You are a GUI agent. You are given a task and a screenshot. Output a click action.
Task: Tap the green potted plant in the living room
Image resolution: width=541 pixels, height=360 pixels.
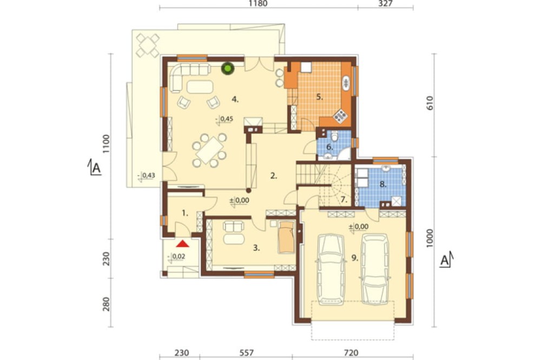click(228, 68)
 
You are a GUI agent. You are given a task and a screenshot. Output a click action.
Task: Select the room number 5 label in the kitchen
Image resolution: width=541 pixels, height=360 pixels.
click(320, 97)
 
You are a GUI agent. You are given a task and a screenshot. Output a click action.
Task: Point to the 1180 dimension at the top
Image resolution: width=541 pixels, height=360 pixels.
click(258, 4)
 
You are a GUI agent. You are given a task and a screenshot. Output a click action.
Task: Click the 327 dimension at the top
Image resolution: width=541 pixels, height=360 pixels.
click(385, 4)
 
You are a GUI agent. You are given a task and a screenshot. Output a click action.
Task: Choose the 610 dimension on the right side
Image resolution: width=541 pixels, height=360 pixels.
click(430, 103)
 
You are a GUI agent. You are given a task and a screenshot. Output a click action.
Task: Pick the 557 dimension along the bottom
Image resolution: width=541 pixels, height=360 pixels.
click(246, 353)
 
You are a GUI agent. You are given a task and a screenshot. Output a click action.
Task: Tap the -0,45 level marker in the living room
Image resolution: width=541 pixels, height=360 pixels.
click(225, 119)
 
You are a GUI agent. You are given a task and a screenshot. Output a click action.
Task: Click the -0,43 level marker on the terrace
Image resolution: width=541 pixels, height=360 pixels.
click(146, 176)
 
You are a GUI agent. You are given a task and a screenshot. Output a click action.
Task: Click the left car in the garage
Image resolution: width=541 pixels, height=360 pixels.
click(331, 269)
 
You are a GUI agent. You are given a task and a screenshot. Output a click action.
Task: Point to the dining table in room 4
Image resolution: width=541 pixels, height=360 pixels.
click(209, 150)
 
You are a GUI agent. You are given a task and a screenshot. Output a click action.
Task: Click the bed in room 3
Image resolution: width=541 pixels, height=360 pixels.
click(286, 237)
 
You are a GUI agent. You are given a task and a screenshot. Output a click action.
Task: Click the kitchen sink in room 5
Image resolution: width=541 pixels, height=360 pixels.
click(346, 83)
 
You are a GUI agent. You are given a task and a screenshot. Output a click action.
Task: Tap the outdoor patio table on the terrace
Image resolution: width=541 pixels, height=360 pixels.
click(148, 45)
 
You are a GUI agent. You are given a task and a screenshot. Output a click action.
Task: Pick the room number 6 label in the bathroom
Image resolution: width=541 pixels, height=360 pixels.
click(329, 147)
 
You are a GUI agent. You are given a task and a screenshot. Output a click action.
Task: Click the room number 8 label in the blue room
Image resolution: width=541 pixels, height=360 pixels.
click(382, 184)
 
